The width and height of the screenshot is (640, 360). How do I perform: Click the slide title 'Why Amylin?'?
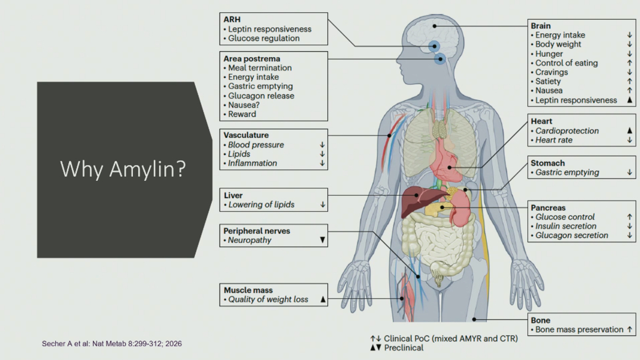(x=123, y=169)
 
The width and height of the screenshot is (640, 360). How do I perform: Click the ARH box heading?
(x=232, y=19)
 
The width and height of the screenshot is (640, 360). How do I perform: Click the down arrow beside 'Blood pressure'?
(x=322, y=145)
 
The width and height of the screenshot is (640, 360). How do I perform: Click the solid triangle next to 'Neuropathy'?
(x=322, y=240)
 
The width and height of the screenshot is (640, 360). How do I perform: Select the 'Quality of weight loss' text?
(x=268, y=299)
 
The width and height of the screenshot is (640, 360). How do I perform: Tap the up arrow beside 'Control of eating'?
(x=630, y=63)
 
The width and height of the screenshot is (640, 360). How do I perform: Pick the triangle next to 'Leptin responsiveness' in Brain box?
(x=630, y=100)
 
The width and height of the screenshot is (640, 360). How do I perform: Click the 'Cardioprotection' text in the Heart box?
(x=567, y=130)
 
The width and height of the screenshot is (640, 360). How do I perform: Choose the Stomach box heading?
(x=548, y=163)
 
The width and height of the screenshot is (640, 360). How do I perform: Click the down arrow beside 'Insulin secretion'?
(x=630, y=226)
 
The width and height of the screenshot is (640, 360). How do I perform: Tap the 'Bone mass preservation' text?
(x=579, y=329)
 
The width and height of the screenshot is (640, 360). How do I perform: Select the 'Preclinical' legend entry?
(x=404, y=348)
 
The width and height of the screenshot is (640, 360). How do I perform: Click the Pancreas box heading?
(x=548, y=208)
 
